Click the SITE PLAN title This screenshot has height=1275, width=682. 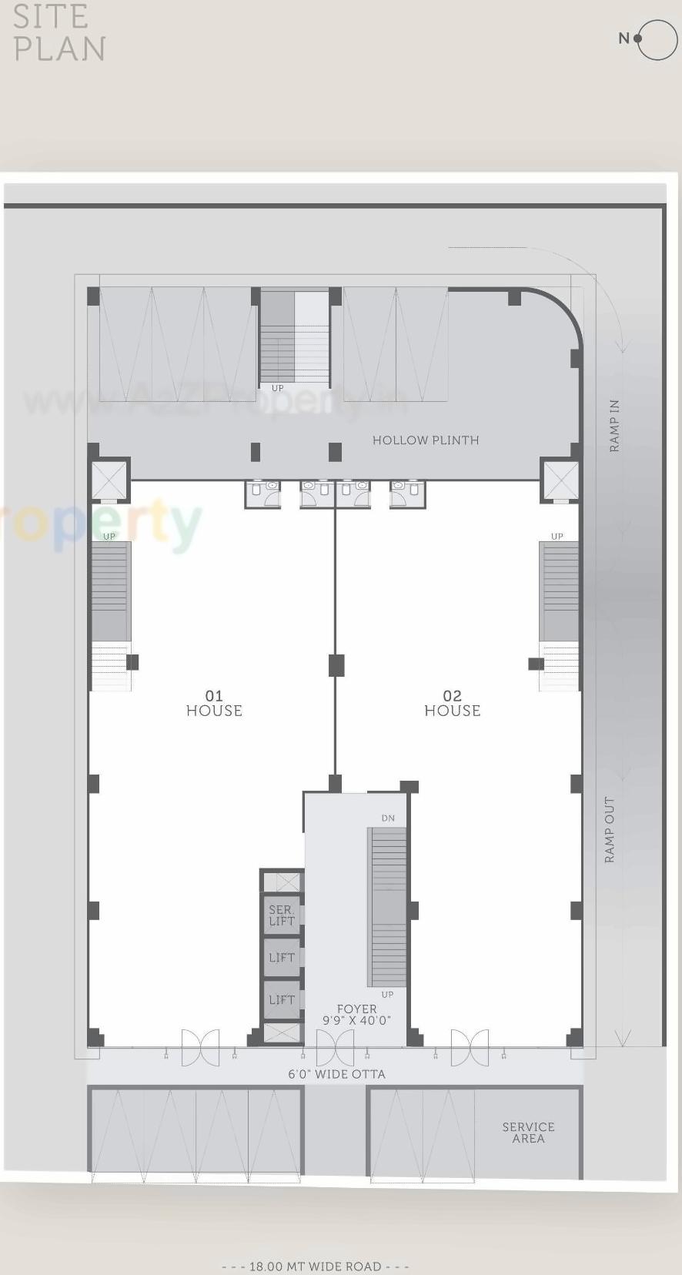pyautogui.click(x=59, y=32)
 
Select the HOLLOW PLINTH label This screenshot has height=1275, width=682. pyautogui.click(x=425, y=440)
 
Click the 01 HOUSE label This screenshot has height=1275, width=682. pyautogui.click(x=214, y=704)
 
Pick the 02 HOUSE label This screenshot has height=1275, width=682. pyautogui.click(x=452, y=704)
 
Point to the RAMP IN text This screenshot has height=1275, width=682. pyautogui.click(x=614, y=426)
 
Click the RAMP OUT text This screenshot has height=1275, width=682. pyautogui.click(x=610, y=829)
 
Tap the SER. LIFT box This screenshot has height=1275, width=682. pyautogui.click(x=282, y=915)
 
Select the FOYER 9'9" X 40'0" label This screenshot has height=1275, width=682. pyautogui.click(x=356, y=1015)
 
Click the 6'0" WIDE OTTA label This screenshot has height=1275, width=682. pyautogui.click(x=336, y=1074)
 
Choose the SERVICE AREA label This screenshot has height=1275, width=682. pyautogui.click(x=528, y=1133)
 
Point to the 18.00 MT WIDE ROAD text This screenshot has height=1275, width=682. pyautogui.click(x=315, y=1267)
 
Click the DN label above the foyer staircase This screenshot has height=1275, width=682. pyautogui.click(x=388, y=818)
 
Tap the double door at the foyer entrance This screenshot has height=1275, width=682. pyautogui.click(x=335, y=1048)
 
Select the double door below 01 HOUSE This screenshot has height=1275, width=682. pyautogui.click(x=200, y=1048)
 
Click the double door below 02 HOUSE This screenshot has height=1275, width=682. pyautogui.click(x=470, y=1048)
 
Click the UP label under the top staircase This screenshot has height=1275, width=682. pyautogui.click(x=277, y=388)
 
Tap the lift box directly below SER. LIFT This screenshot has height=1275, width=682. pyautogui.click(x=282, y=958)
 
